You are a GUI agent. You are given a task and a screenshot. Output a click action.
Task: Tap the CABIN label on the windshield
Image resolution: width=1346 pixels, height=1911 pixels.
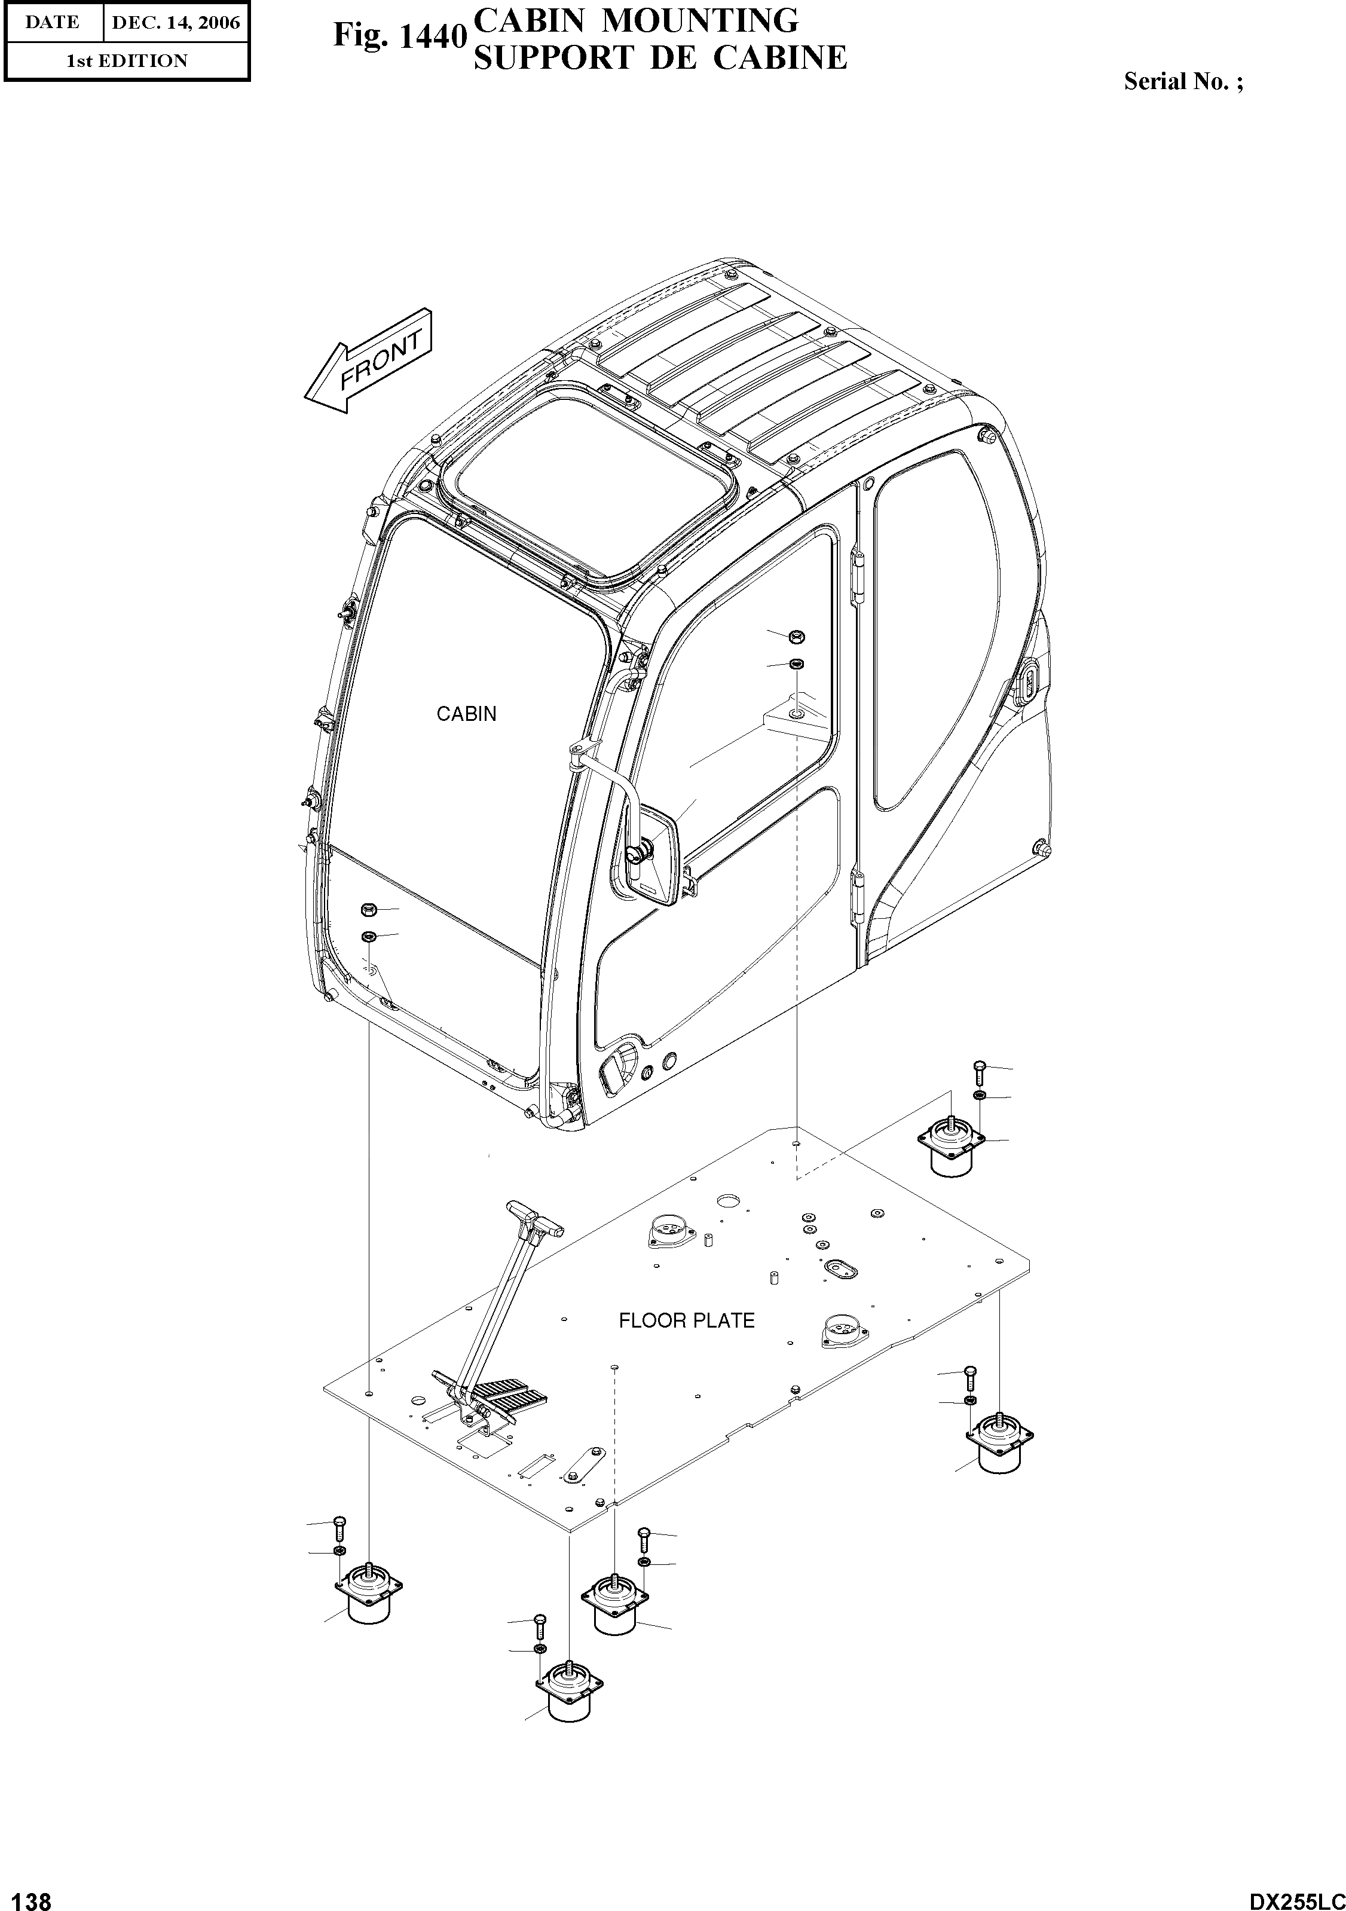466,714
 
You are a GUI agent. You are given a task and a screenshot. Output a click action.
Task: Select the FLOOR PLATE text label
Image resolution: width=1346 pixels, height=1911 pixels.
686,1321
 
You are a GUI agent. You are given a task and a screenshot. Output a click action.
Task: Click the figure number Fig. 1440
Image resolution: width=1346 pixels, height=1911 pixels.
398,36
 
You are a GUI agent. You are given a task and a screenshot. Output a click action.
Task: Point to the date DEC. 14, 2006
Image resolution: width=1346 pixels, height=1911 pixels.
175,23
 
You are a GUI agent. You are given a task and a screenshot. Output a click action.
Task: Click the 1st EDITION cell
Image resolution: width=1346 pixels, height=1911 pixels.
127,61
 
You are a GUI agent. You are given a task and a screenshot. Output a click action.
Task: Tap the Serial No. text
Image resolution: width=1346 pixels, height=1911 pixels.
1183,81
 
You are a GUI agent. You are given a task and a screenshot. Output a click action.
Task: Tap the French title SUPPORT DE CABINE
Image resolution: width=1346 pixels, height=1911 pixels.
659,57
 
